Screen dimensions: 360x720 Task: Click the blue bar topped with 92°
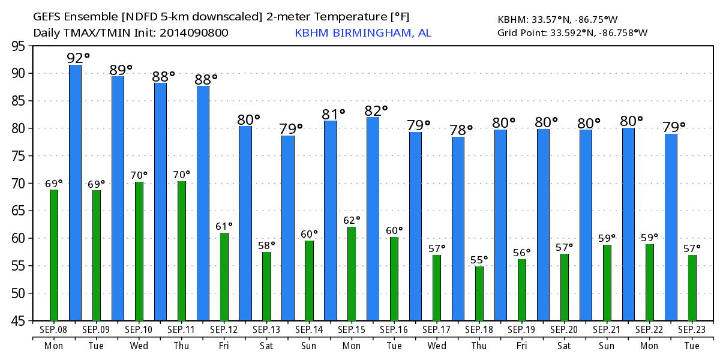[x=76, y=192]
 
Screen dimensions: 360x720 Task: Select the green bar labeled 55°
[x=479, y=293]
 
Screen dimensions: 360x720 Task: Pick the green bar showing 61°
[x=224, y=277]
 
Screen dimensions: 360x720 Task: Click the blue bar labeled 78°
[x=458, y=229]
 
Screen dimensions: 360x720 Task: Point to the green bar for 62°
[x=352, y=274]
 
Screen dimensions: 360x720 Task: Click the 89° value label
[x=121, y=70]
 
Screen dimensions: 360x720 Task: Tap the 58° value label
[x=266, y=245]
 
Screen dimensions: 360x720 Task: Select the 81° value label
[x=334, y=113]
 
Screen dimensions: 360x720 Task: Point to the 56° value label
[x=522, y=252]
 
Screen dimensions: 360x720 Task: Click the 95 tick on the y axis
[x=18, y=46]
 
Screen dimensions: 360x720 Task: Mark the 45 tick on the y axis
[x=18, y=321]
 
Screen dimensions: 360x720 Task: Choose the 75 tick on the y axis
[x=18, y=156]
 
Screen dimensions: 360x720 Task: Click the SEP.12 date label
[x=224, y=330]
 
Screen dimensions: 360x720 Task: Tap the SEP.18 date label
[x=479, y=330]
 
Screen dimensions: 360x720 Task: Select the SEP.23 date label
[x=692, y=330]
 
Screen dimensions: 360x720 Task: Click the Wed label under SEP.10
[x=139, y=346]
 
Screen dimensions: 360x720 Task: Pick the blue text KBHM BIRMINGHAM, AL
[x=362, y=33]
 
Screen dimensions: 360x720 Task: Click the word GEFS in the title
[x=47, y=16]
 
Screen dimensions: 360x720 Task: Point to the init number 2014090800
[x=194, y=33]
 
